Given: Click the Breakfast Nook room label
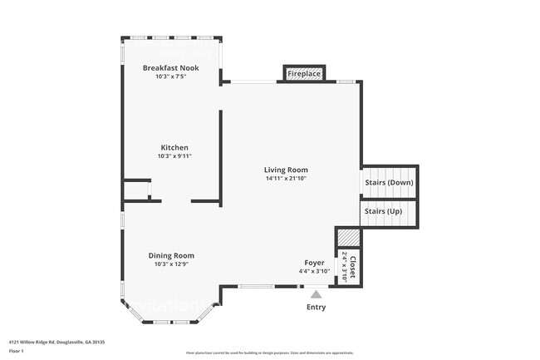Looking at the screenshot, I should (170, 67).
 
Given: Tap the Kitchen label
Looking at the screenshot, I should (174, 147).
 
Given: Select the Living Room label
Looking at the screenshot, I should (287, 170).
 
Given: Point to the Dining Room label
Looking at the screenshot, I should (171, 255).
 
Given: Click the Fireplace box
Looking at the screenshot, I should (304, 74).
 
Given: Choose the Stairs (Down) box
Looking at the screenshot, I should (389, 182).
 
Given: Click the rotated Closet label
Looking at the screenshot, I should (352, 266).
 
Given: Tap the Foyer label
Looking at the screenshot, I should (314, 262).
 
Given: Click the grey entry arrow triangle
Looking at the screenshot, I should (316, 293).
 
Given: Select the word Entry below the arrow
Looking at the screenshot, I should (316, 307).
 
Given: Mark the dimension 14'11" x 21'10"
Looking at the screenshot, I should (287, 178).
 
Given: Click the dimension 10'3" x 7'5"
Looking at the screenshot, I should (170, 76).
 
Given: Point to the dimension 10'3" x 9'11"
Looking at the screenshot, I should (174, 156).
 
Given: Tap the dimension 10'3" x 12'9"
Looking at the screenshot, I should (171, 264).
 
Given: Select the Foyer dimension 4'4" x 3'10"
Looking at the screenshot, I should (314, 271).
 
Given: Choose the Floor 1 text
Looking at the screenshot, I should (17, 351).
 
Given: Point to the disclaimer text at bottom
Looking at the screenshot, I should (269, 353).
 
